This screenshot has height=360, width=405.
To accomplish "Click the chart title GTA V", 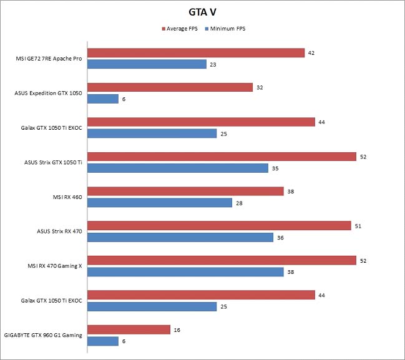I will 202,11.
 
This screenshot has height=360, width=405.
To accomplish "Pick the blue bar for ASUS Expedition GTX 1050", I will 103,99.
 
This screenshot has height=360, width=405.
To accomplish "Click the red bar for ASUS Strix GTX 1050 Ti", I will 222,157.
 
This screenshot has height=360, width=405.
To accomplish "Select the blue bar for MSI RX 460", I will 160,202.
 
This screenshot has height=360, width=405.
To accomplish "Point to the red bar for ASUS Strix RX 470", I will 219,225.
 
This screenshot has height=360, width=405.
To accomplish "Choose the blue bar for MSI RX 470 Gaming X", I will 186,271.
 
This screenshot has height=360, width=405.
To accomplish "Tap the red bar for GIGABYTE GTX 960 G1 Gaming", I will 129,329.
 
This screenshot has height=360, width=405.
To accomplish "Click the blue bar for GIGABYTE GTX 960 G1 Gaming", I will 103,341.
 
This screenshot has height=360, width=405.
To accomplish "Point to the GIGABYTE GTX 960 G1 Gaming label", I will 44,334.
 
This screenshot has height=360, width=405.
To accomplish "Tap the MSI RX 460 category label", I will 69,197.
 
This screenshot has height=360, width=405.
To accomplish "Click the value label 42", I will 311,53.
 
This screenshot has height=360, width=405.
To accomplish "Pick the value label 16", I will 177,329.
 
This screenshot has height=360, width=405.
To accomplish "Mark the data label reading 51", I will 358,225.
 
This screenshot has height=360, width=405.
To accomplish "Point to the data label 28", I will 238,203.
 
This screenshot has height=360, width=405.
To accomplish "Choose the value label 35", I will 275,168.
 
